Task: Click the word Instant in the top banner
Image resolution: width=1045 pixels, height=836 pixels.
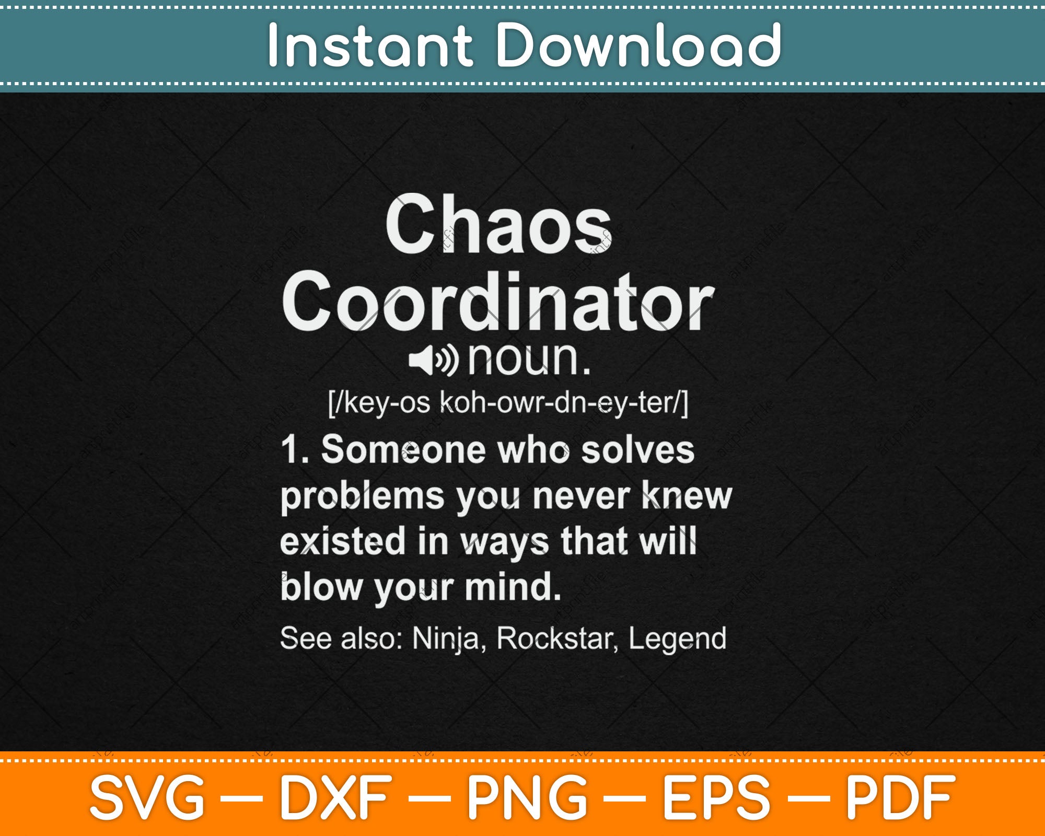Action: pyautogui.click(x=370, y=46)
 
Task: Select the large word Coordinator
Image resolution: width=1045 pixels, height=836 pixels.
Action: pyautogui.click(x=497, y=303)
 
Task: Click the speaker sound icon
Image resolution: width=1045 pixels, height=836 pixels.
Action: pyautogui.click(x=433, y=360)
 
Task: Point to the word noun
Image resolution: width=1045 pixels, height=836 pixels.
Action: pyautogui.click(x=529, y=359)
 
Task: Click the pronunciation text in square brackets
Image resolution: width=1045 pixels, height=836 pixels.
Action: pyautogui.click(x=508, y=403)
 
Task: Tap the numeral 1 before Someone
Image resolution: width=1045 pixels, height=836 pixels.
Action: pyautogui.click(x=291, y=450)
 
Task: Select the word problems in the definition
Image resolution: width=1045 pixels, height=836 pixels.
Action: pyautogui.click(x=362, y=497)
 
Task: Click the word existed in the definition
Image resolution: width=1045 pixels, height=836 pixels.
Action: pyautogui.click(x=343, y=541)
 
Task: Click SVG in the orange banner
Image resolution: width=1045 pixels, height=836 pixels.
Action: pyautogui.click(x=147, y=797)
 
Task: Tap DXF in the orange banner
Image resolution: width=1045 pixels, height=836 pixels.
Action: pyautogui.click(x=335, y=797)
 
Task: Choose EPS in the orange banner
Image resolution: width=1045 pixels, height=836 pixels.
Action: pyautogui.click(x=716, y=797)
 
